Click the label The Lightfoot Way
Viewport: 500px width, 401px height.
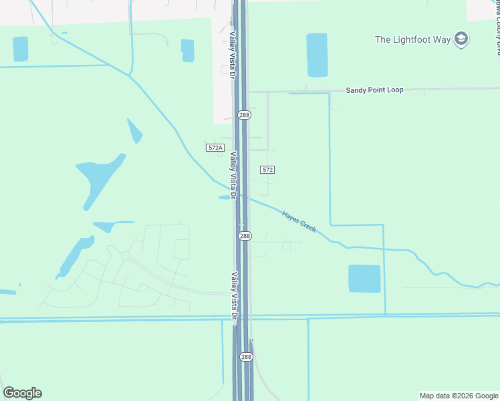tap(412, 39)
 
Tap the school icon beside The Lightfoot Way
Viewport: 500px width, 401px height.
tap(461, 39)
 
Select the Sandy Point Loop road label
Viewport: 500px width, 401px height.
tap(374, 90)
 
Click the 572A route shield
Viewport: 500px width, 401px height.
tap(214, 147)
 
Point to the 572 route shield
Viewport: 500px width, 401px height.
tap(267, 170)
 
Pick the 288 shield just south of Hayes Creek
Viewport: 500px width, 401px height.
tap(245, 236)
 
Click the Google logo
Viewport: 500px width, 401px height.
tap(22, 393)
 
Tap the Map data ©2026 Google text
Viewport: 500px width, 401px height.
tap(458, 396)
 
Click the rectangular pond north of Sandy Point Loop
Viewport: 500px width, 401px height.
tap(317, 54)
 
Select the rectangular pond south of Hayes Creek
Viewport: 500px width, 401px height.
tap(364, 278)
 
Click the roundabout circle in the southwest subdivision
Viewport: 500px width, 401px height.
tap(125, 255)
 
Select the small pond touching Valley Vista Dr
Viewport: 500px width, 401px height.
tap(224, 197)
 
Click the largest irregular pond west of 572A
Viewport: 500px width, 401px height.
tap(98, 179)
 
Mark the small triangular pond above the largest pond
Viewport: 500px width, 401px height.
tap(135, 130)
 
